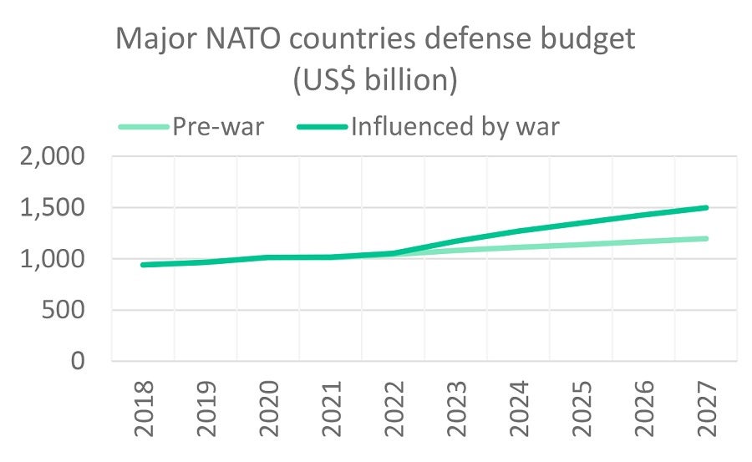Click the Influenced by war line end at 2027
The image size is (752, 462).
pos(706,208)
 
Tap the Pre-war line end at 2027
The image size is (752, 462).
pos(706,239)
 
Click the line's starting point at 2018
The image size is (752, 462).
pos(144,265)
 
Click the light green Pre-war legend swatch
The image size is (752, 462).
pos(144,127)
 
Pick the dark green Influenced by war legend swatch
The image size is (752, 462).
pos(323,127)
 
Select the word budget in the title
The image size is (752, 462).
pos(597,39)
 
